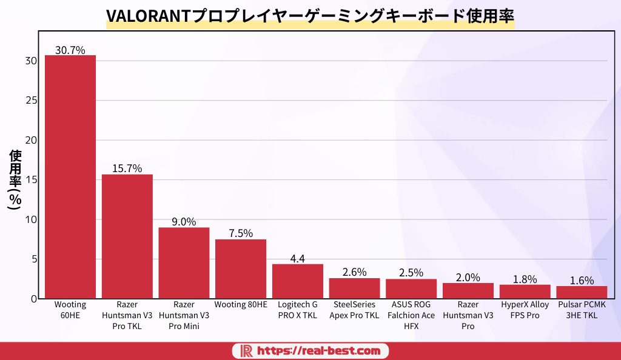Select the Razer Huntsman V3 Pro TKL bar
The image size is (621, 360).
(x=127, y=236)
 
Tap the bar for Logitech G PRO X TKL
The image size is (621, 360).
(x=298, y=281)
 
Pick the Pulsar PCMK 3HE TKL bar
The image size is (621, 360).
(x=582, y=292)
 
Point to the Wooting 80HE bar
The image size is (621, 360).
(x=241, y=269)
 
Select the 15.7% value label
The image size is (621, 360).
(x=127, y=168)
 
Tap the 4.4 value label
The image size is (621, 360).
(x=298, y=259)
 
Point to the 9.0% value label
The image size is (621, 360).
(x=184, y=222)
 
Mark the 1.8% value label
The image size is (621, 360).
(x=525, y=279)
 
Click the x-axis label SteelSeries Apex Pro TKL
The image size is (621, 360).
(x=354, y=310)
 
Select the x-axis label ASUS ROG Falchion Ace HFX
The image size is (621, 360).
(x=411, y=315)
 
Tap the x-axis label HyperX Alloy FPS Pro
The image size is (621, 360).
(x=525, y=310)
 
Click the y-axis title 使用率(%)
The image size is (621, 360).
(x=15, y=180)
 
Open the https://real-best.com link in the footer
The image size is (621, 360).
(x=319, y=350)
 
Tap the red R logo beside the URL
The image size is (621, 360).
(x=246, y=350)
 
